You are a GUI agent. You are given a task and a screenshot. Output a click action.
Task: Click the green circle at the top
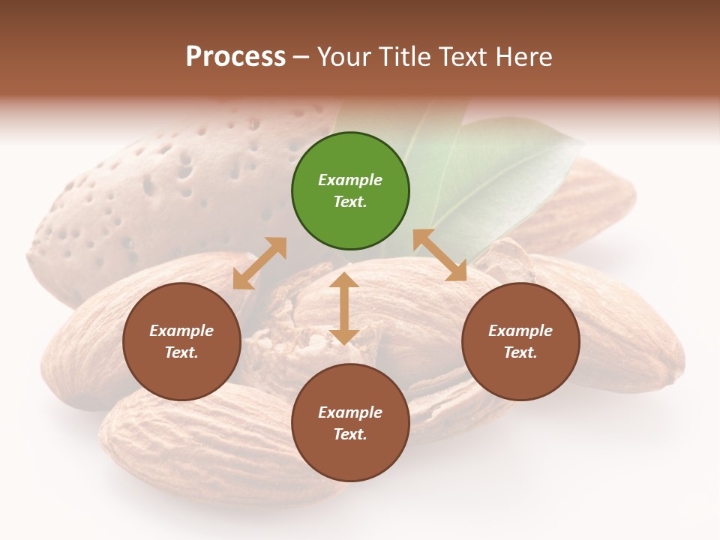[350, 191]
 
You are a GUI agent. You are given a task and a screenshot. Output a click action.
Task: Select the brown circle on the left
[181, 341]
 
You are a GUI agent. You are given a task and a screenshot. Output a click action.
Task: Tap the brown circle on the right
[520, 341]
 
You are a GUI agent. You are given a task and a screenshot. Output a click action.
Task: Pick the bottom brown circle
[350, 423]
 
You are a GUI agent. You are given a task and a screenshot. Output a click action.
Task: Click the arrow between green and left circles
[259, 263]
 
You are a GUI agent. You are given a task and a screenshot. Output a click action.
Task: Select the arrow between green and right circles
[440, 255]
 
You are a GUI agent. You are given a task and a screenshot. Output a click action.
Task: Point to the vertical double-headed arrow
[344, 308]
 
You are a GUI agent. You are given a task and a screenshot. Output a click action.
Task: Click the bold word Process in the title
[235, 57]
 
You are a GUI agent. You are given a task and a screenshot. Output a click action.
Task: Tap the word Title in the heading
[405, 57]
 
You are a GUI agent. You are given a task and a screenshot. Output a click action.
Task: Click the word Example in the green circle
[350, 180]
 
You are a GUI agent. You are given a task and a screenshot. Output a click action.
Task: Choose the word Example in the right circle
[520, 331]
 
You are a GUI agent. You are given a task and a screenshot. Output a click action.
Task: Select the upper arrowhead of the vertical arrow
[344, 281]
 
